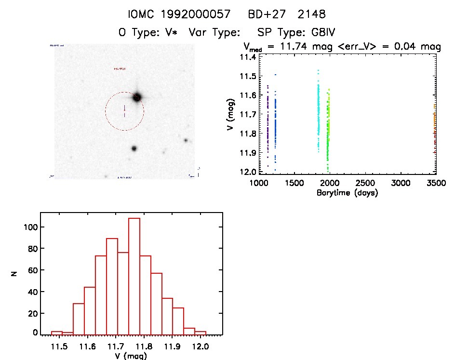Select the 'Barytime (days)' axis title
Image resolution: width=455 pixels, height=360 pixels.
click(x=347, y=193)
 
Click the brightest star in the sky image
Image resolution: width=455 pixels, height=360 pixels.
click(x=137, y=97)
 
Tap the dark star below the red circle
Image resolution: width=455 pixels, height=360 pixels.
click(x=134, y=148)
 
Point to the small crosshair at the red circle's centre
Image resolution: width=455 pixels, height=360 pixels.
click(x=124, y=111)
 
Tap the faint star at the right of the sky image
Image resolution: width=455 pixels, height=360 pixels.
click(x=186, y=140)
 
